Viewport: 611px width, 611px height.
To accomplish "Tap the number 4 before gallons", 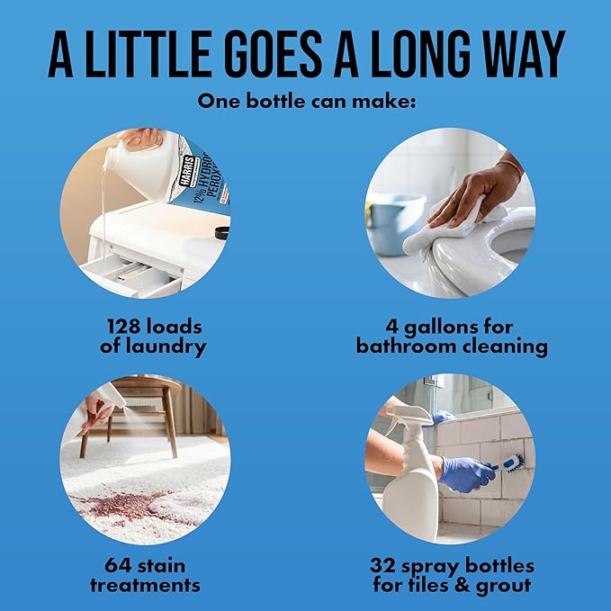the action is [391, 327].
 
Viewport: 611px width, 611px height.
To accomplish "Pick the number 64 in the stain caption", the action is [118, 565].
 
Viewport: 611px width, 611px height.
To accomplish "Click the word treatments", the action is [146, 585].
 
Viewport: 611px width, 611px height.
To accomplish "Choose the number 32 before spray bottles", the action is [382, 565].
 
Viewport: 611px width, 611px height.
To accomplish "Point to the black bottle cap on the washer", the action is [222, 233].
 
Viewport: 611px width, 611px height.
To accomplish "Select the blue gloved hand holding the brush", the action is [465, 474].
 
